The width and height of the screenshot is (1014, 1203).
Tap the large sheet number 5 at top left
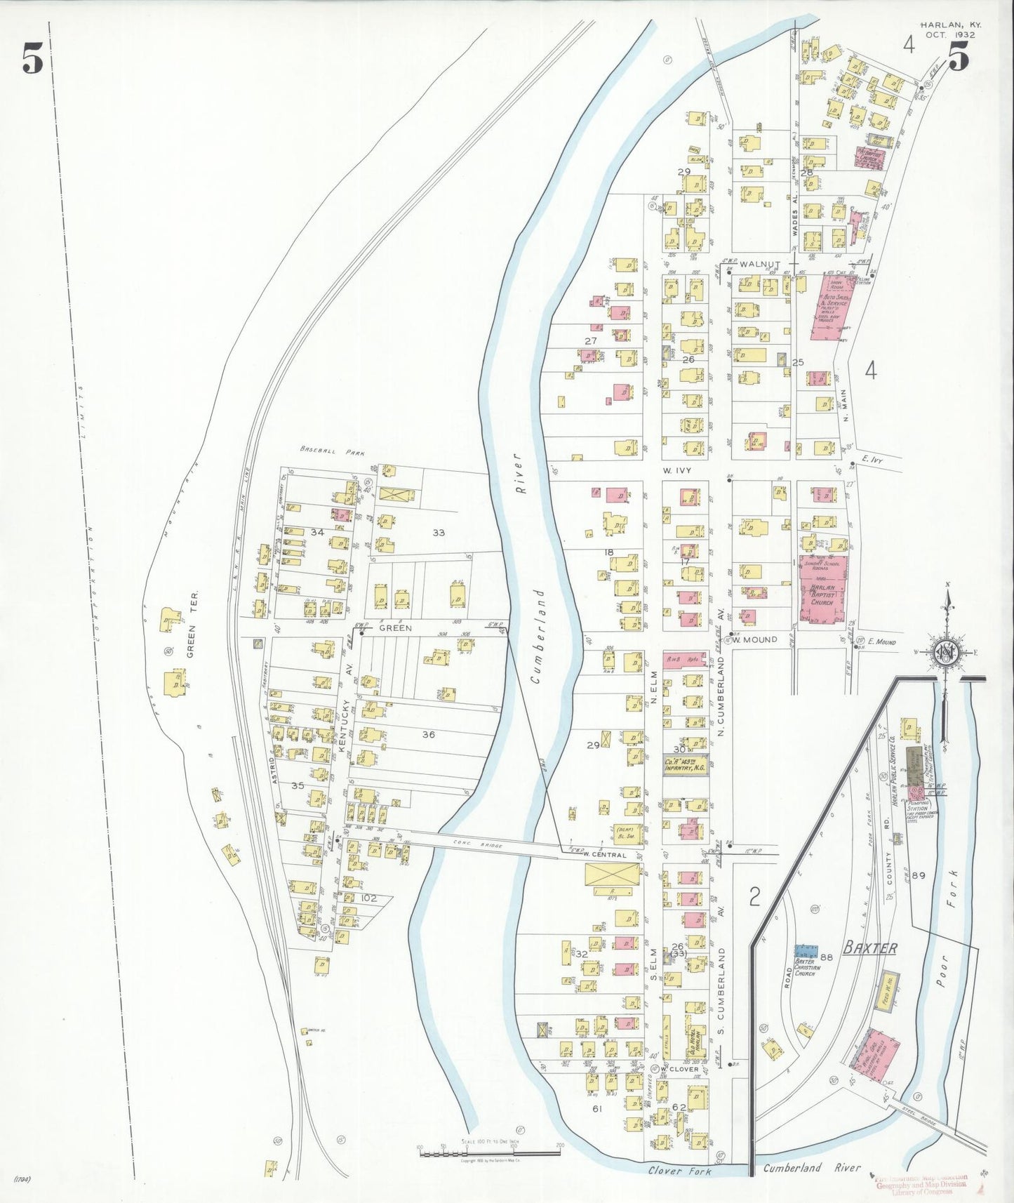point(32,58)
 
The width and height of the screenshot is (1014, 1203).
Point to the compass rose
point(947,653)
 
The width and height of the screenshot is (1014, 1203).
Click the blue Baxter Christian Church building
point(806,952)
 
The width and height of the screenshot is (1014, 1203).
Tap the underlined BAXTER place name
point(869,948)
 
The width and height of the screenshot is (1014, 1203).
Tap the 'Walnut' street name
point(759,264)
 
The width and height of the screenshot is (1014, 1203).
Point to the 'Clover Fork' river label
point(679,1171)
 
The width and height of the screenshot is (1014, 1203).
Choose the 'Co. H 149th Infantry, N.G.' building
point(685,765)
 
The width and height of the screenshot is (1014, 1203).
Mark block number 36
point(428,734)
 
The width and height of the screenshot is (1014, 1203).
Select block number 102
point(368,898)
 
